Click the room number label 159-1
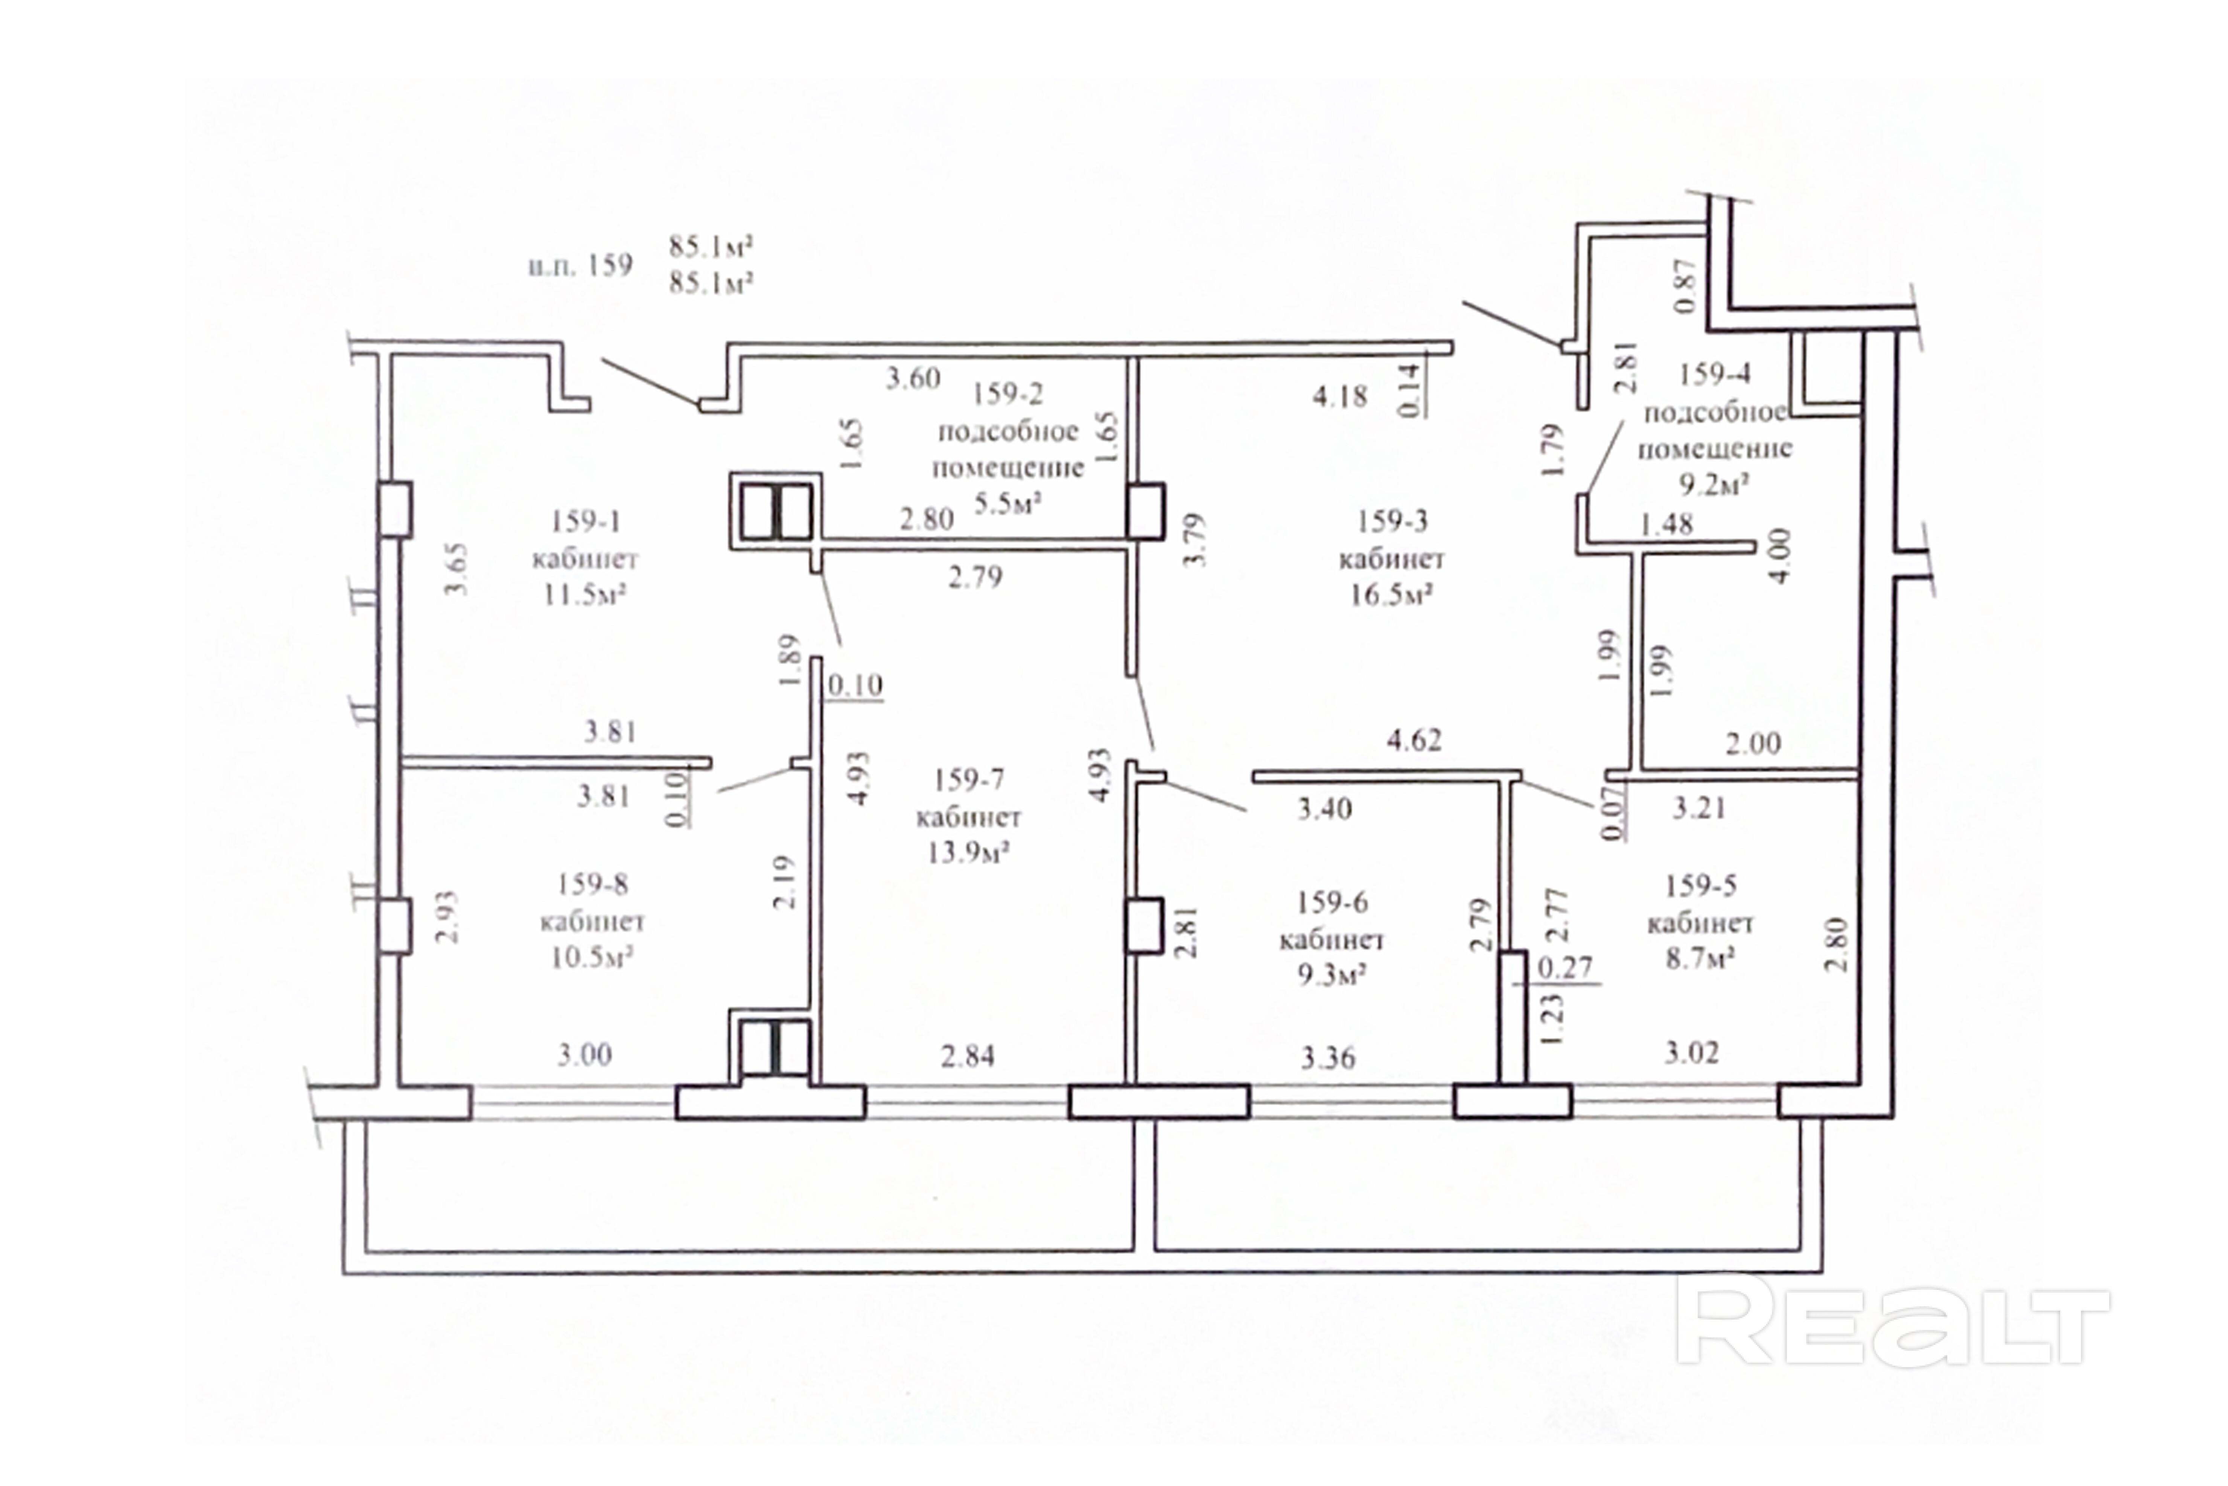pyautogui.click(x=584, y=521)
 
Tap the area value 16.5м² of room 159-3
pyautogui.click(x=1391, y=595)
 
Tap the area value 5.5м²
pyautogui.click(x=1008, y=503)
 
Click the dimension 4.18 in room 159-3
pyautogui.click(x=1339, y=396)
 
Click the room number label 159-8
pyautogui.click(x=592, y=884)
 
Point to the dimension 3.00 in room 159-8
pyautogui.click(x=583, y=1054)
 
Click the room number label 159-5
pyautogui.click(x=1700, y=886)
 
